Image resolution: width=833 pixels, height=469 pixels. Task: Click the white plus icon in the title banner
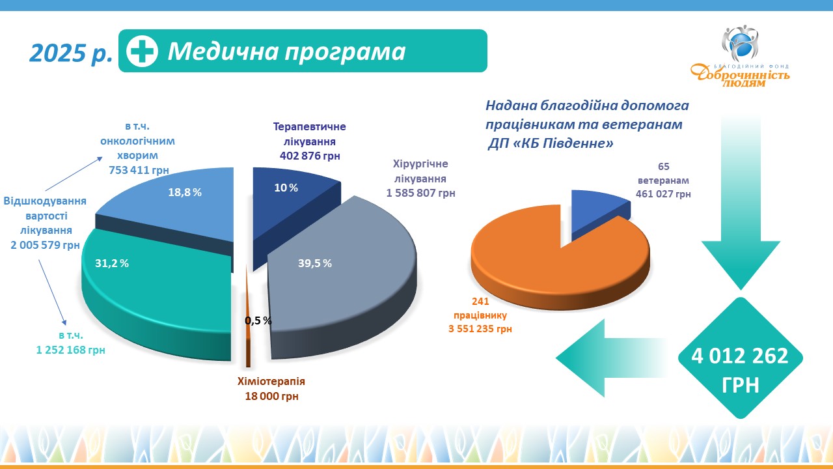pos(142,51)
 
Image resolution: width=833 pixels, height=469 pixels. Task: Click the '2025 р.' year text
pos(71,53)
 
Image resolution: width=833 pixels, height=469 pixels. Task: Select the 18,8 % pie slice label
pos(185,192)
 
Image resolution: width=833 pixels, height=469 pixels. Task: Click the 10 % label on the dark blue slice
pos(286,188)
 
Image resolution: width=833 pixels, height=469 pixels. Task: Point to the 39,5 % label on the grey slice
pos(314,263)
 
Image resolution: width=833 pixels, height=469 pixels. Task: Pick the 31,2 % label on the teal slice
pos(111,263)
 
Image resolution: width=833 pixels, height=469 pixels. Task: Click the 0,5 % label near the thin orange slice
pos(258,320)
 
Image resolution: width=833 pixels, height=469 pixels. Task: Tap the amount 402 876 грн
pos(310,156)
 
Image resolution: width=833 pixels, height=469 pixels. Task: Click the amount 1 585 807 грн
pos(420,193)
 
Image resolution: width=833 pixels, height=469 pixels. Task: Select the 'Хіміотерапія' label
pos(271,381)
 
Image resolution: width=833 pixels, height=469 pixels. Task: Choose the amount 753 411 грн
pos(139,170)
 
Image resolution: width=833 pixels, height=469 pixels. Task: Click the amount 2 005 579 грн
pos(45,245)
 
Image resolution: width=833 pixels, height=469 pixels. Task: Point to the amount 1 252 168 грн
pos(70,350)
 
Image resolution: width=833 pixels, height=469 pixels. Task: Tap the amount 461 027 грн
pos(663,194)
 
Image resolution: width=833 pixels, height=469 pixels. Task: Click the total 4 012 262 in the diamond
pos(740,356)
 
